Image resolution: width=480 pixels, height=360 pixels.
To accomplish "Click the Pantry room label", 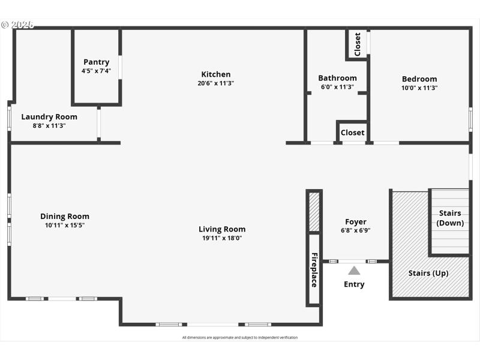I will point(96,62).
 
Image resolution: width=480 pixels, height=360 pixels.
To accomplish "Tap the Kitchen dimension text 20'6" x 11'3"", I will point(216,83).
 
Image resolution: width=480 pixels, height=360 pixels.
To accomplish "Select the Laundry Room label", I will point(49,117).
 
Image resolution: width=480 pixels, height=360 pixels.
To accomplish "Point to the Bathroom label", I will point(337,78).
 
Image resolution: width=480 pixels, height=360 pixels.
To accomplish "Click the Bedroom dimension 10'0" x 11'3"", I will point(419,88).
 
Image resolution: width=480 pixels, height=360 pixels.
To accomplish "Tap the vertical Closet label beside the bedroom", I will point(358,44).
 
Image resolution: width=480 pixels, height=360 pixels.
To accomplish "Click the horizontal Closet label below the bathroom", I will point(352,133).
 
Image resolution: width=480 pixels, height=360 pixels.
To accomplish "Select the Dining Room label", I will point(65,217).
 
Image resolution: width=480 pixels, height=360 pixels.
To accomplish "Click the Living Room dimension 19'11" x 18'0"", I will point(222,238).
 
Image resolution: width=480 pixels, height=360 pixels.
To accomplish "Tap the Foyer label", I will point(356,222).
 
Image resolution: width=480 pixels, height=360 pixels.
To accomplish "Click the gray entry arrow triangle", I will point(354,271).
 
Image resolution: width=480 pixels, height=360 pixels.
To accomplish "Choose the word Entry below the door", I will point(354,284).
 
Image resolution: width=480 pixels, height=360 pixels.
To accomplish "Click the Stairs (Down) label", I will point(450,218).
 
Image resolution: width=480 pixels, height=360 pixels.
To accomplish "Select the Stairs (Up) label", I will point(428,273).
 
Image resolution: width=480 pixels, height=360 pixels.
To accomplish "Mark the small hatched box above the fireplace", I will point(314,212).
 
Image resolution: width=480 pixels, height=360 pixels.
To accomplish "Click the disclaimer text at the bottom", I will point(240,338).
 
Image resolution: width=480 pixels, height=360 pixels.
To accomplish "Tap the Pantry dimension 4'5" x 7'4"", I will point(96,71).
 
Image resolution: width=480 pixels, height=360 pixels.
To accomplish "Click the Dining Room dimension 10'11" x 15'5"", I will point(65,226).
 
